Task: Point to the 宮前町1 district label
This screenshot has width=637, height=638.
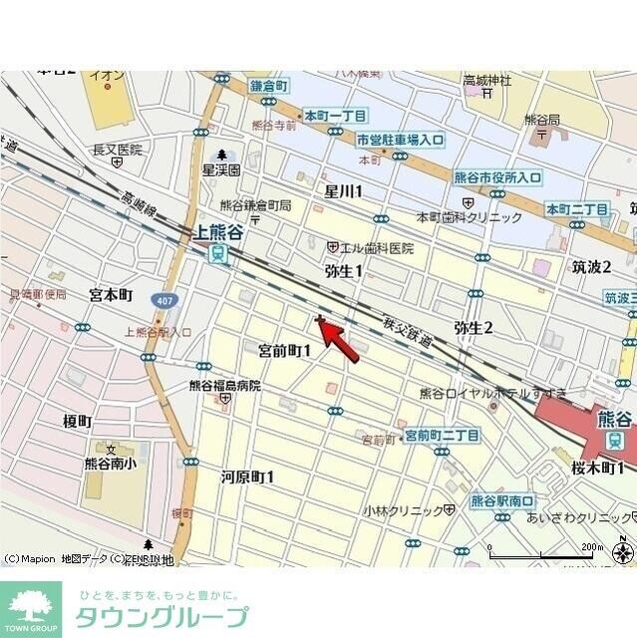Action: tap(285, 350)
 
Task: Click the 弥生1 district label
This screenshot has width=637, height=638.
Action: tap(344, 271)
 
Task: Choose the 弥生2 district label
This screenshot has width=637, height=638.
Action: tap(474, 327)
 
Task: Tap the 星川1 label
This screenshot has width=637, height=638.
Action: tap(344, 190)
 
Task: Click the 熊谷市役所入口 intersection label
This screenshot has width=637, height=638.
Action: tap(497, 177)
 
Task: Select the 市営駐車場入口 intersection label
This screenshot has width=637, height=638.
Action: tap(400, 141)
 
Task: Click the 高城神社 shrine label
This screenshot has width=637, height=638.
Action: tap(487, 80)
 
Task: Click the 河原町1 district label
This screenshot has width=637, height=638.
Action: tap(247, 477)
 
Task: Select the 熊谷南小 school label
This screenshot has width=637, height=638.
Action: tap(111, 463)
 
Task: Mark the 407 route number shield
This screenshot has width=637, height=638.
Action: tap(162, 299)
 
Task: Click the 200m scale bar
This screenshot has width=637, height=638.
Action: tap(548, 550)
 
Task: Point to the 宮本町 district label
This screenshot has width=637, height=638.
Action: tap(111, 295)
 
